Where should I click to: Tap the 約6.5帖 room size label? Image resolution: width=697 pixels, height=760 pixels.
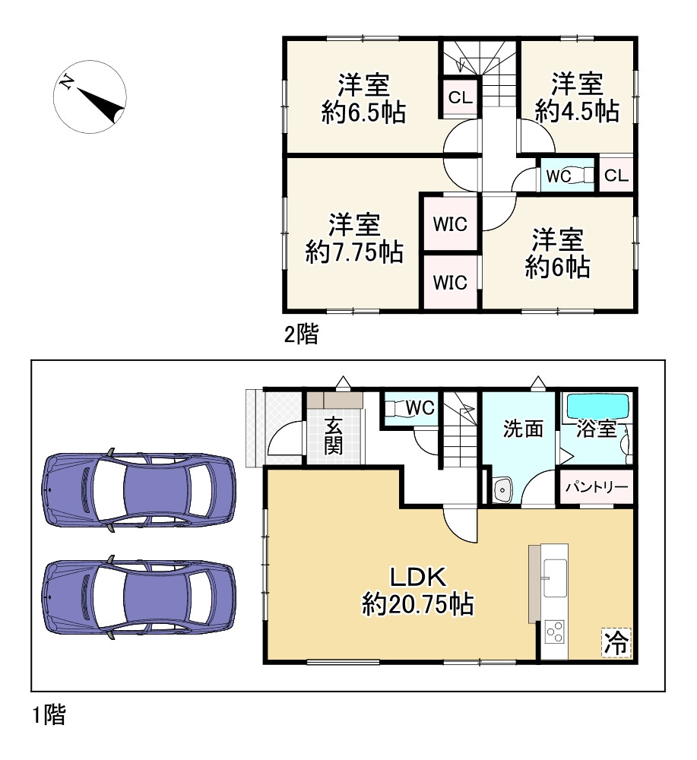coord(363,113)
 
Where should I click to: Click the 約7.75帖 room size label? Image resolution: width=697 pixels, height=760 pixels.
coord(354,252)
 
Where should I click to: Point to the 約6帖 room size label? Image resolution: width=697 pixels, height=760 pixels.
coord(558,266)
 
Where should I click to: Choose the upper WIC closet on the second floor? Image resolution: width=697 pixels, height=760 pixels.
coord(450,223)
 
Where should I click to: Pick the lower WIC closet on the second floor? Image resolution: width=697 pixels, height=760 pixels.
coord(450,282)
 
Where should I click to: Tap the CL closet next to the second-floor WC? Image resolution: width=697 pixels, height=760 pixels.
coord(616,176)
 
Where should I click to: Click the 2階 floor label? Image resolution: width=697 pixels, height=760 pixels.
coord(301,334)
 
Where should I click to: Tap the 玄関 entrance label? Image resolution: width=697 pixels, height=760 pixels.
coord(333,435)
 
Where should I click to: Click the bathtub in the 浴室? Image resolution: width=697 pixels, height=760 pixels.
coord(597,407)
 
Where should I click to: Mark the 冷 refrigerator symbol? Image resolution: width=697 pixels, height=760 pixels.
coord(616,643)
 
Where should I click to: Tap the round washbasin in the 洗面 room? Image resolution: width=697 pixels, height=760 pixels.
coord(502,491)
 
